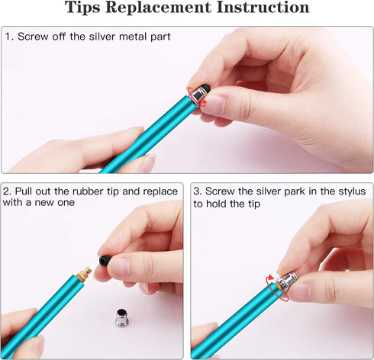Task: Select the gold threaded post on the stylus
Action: click(84, 272)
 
